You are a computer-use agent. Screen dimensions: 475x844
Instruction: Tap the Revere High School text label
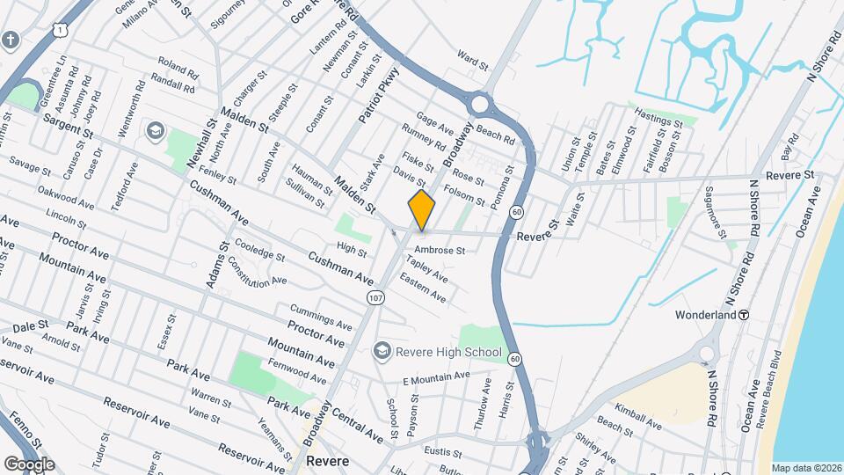pyautogui.click(x=448, y=353)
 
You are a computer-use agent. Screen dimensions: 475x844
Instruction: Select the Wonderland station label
pyautogui.click(x=705, y=314)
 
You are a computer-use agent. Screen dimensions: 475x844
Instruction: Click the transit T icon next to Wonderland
pyautogui.click(x=744, y=314)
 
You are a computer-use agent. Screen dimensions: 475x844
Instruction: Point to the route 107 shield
pyautogui.click(x=376, y=297)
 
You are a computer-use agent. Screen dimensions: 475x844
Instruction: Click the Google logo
pyautogui.click(x=29, y=464)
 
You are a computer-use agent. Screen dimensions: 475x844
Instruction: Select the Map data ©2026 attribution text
pyautogui.click(x=806, y=468)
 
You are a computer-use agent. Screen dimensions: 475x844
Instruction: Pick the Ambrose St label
pyautogui.click(x=439, y=251)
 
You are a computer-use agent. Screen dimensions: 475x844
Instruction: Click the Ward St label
pyautogui.click(x=472, y=61)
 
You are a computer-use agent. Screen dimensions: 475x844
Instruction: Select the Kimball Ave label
pyautogui.click(x=639, y=417)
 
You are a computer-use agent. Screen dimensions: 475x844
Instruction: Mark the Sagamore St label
pyautogui.click(x=716, y=211)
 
